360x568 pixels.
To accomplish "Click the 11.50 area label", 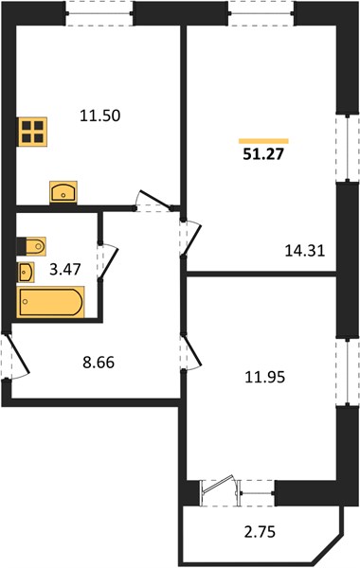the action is pyautogui.click(x=100, y=115).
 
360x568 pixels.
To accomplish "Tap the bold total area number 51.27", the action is pyautogui.click(x=263, y=154).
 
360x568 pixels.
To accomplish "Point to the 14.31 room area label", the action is pyautogui.click(x=304, y=251).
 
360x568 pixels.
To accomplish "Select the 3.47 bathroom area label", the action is pyautogui.click(x=65, y=270).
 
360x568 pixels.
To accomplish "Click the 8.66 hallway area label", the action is pyautogui.click(x=99, y=363).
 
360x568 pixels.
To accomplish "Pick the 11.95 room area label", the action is pyautogui.click(x=265, y=378).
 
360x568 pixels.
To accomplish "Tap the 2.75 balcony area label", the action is pyautogui.click(x=260, y=532).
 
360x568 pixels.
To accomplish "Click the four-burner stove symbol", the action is pyautogui.click(x=32, y=132).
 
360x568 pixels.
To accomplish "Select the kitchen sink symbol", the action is pyautogui.click(x=63, y=192).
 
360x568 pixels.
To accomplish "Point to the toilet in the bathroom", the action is pyautogui.click(x=31, y=246).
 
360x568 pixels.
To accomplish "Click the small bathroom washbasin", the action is pyautogui.click(x=26, y=272).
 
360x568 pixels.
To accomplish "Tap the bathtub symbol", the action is pyautogui.click(x=50, y=302).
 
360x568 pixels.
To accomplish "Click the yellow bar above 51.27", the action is pyautogui.click(x=263, y=141).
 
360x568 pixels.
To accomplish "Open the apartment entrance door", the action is pyautogui.click(x=16, y=357).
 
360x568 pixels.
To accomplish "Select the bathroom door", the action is pyautogui.click(x=108, y=262).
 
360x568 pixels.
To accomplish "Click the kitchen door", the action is pyautogui.click(x=153, y=201).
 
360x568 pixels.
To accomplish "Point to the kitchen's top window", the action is pyautogui.click(x=99, y=14).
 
